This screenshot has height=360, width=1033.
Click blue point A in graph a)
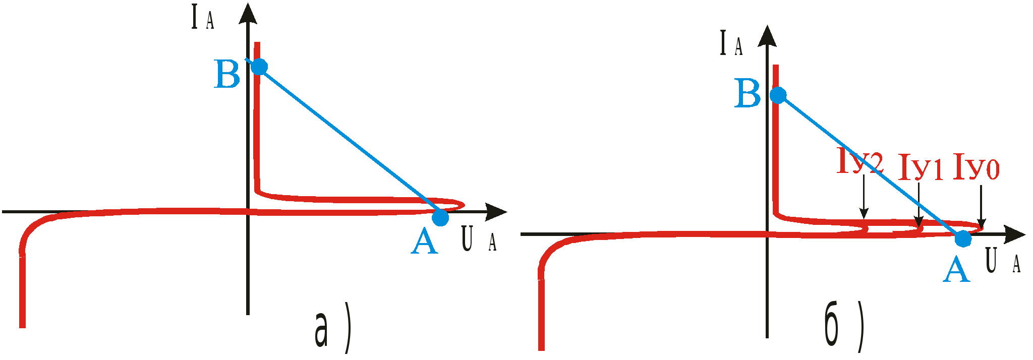point(440,218)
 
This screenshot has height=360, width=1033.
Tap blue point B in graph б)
point(778,95)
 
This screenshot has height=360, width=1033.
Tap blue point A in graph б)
point(962,238)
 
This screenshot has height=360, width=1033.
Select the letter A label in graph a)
point(424,241)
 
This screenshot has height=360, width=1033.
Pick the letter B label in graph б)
point(748,94)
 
